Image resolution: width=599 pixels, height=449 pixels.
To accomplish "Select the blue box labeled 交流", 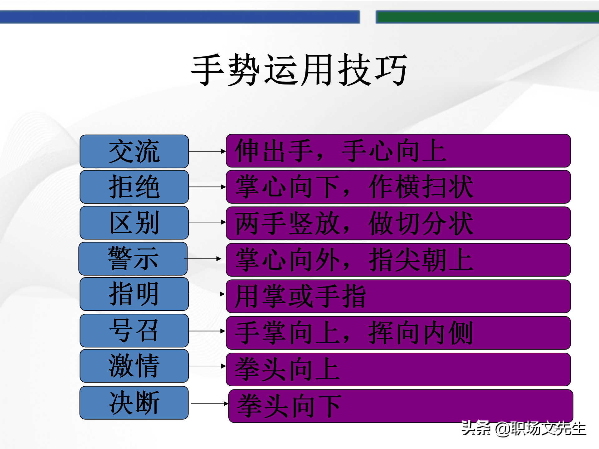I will click(134, 152).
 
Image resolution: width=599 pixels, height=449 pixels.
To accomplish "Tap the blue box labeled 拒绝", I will click(134, 187).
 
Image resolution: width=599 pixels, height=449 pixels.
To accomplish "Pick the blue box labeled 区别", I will click(134, 223).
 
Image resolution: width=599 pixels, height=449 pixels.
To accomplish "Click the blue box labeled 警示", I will click(133, 258).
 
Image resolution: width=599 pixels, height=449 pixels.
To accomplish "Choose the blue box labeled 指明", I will click(134, 294).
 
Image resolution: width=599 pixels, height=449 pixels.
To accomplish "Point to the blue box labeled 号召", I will click(134, 331).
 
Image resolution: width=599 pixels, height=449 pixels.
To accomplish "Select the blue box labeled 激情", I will click(134, 366).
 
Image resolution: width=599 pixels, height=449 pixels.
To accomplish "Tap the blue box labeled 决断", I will click(134, 403).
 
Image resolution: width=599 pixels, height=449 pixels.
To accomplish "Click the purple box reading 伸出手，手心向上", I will click(398, 151).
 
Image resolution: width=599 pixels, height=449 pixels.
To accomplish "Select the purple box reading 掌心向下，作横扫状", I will click(398, 187).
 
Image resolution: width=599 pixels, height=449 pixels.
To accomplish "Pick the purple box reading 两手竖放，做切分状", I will click(398, 223).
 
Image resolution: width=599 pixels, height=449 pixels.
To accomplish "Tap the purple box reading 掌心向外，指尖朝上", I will click(398, 260).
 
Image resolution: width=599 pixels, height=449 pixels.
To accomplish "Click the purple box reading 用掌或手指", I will click(398, 296).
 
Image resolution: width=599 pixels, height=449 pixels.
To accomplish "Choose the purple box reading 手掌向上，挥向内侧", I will click(398, 333).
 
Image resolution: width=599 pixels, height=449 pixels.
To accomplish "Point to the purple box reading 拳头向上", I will click(398, 369).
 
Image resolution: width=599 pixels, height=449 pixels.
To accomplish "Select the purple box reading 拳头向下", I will click(401, 406).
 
